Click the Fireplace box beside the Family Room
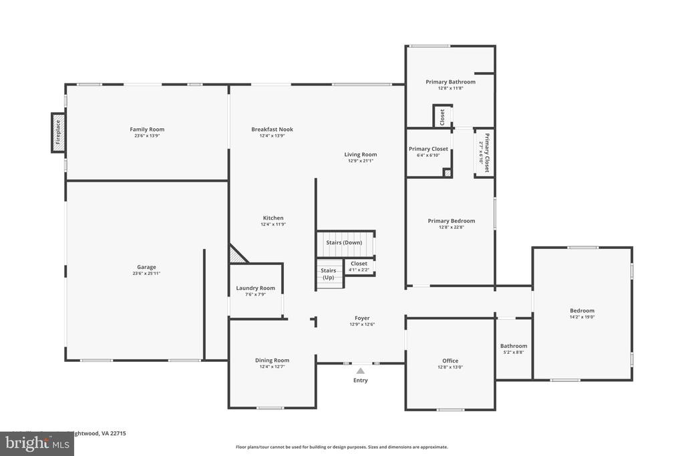58,132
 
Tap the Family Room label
147,130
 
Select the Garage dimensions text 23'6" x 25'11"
147,273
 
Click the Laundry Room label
255,288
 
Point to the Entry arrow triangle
361,371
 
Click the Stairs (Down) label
344,242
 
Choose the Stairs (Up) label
328,274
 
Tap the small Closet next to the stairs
359,264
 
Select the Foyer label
362,318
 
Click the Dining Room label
273,361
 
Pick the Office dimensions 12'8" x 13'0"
450,367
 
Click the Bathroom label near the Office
514,346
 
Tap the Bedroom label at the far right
582,310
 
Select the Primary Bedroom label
452,221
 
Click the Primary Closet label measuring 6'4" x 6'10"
428,149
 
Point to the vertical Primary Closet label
487,153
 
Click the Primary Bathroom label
450,82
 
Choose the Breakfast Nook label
272,130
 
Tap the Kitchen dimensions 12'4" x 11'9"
273,224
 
